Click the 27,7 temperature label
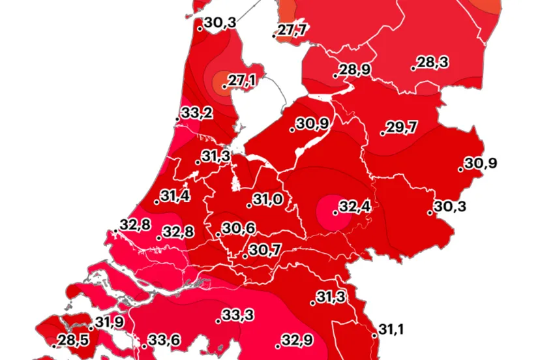[293, 30]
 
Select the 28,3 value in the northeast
[432, 63]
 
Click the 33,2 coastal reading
[196, 113]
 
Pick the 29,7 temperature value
[401, 128]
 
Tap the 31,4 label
[175, 196]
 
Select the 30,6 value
[237, 229]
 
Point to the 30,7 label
[264, 250]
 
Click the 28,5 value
[73, 340]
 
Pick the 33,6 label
[164, 340]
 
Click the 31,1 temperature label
[391, 330]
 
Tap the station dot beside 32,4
[335, 213]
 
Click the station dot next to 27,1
[224, 86]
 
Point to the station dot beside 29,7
[382, 134]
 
